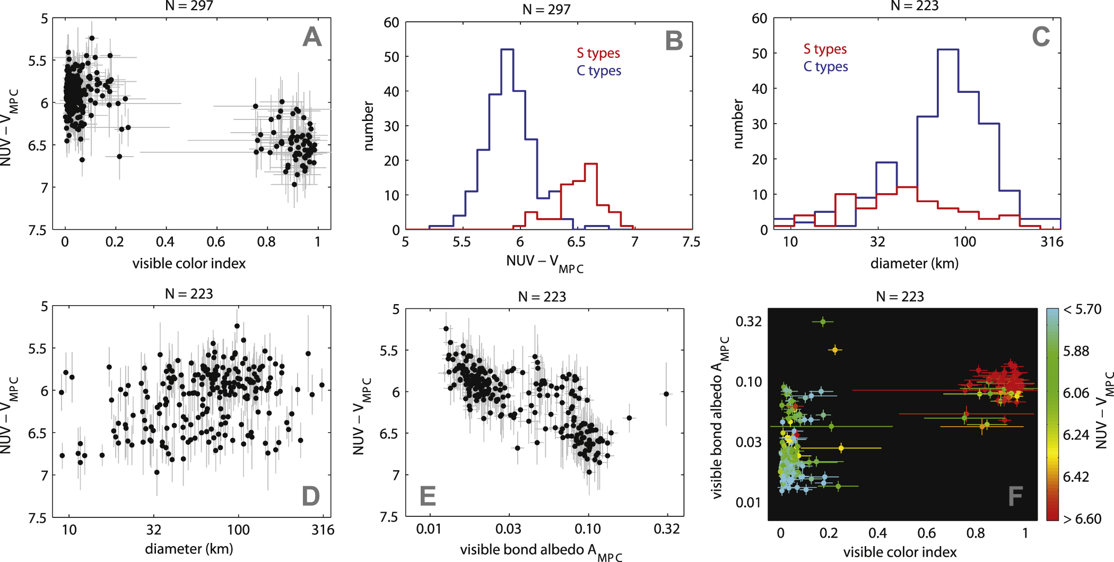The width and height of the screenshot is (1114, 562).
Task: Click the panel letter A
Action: (x=312, y=37)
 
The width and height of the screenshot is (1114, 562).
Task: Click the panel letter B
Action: (x=674, y=41)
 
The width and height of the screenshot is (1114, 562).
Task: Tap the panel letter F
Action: (x=1015, y=496)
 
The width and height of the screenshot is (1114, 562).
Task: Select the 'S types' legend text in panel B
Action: (x=598, y=53)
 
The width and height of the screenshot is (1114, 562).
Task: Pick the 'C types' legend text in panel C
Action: (x=825, y=67)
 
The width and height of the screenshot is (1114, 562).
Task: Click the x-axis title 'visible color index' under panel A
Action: (x=189, y=263)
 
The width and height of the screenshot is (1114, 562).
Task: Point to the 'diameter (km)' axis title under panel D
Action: (x=189, y=549)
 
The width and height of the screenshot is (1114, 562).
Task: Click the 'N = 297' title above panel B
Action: (x=546, y=10)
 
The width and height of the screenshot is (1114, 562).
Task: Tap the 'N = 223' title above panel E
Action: (x=542, y=297)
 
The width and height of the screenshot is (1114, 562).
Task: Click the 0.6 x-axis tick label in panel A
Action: (x=216, y=242)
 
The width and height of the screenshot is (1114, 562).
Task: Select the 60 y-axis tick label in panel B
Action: (x=391, y=22)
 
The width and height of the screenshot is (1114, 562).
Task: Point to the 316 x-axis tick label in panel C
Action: (x=1052, y=242)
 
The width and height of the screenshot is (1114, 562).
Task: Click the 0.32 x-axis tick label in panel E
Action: (x=666, y=529)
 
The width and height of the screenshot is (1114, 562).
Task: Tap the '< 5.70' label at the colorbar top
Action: (x=1082, y=309)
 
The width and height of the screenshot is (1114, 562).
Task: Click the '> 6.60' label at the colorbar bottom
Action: (x=1082, y=518)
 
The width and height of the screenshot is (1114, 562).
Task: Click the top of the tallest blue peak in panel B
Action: (x=507, y=49)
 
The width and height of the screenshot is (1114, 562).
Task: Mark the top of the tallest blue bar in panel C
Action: (x=948, y=49)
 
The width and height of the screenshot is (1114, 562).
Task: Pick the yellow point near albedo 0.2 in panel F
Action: (x=835, y=350)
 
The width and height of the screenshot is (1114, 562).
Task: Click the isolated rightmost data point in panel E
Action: (x=666, y=394)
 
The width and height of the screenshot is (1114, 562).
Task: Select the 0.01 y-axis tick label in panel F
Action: (x=748, y=502)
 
